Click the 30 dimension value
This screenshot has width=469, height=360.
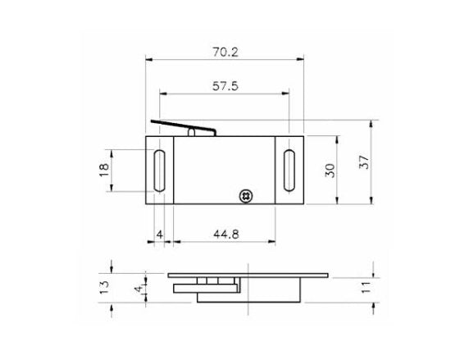point(330,170)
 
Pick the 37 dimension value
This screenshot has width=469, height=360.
point(365,163)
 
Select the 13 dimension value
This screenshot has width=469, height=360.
point(103,286)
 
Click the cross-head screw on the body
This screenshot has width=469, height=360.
point(244,195)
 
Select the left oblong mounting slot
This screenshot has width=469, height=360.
point(159,171)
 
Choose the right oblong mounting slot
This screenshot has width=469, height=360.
point(289,171)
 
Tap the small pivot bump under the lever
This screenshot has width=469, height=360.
point(192,131)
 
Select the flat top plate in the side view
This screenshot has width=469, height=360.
point(246,275)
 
